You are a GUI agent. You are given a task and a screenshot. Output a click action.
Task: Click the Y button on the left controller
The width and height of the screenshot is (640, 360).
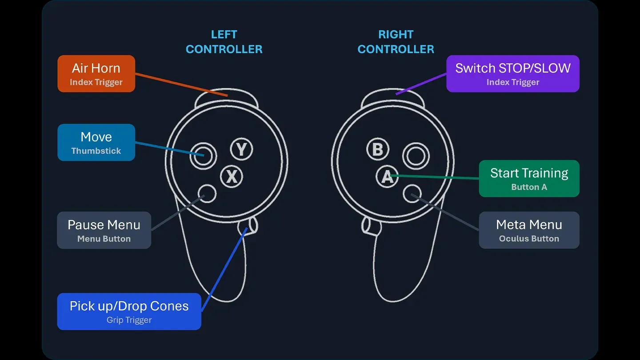(241, 149)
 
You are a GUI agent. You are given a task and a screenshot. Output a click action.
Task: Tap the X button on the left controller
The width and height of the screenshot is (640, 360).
(232, 176)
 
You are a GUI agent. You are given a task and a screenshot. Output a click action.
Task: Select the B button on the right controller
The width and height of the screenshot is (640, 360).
(378, 149)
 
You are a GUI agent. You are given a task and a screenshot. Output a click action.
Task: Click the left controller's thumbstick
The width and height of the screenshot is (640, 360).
(203, 156)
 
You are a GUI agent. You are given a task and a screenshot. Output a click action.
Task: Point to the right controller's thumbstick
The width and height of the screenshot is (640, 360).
(416, 156)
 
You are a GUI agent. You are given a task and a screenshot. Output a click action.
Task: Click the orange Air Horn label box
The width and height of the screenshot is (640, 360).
(96, 74)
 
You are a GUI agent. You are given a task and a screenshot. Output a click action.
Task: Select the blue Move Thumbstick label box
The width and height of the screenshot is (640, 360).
(96, 142)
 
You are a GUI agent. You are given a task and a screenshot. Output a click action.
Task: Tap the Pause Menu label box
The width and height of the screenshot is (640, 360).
(104, 230)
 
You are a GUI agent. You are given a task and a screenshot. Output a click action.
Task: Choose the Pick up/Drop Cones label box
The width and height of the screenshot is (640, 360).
(129, 312)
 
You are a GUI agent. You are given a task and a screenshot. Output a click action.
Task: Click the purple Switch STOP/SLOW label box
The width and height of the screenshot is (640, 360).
(513, 74)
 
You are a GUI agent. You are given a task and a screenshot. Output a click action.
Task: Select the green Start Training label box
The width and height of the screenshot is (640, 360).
(529, 179)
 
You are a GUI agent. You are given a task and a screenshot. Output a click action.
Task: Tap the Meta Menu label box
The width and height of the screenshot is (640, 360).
(529, 230)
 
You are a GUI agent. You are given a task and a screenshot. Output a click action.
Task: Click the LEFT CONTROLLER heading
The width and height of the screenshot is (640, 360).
(224, 42)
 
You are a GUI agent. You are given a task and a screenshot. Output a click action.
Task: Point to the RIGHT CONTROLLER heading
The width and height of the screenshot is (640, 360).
(396, 42)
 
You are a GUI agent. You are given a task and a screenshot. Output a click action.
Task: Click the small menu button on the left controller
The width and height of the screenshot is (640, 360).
(207, 194)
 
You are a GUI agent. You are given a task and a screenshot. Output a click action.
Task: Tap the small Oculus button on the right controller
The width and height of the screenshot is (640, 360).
(412, 194)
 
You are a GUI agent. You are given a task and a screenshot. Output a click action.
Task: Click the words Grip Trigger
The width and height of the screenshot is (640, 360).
(129, 320)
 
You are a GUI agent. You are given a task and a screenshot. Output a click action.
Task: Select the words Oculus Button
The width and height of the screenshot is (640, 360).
(529, 239)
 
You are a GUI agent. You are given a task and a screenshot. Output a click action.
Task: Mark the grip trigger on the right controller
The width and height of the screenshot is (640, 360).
(371, 226)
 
